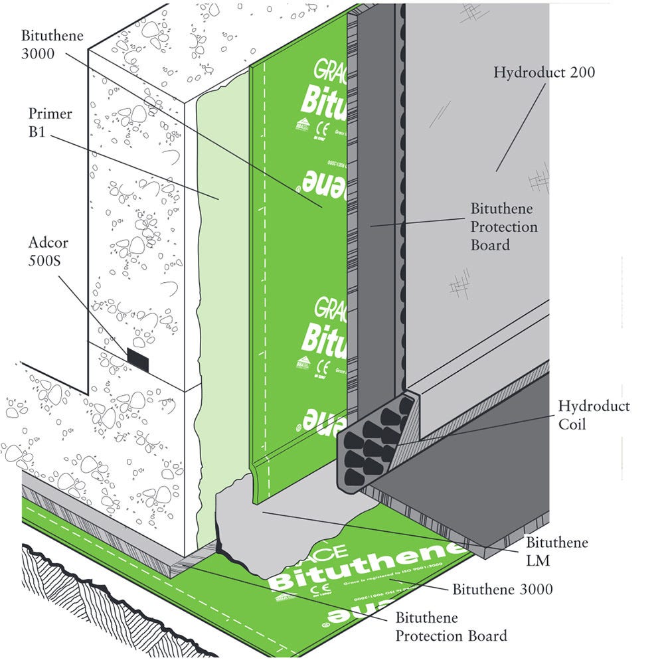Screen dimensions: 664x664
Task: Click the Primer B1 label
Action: [x=49, y=122]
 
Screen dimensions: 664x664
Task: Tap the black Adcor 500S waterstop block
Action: [x=137, y=359]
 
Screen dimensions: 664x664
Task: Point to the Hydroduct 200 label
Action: [x=544, y=72]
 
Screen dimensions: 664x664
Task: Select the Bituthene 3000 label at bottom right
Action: [x=502, y=589]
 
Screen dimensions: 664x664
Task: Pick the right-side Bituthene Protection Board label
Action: [x=504, y=227]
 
